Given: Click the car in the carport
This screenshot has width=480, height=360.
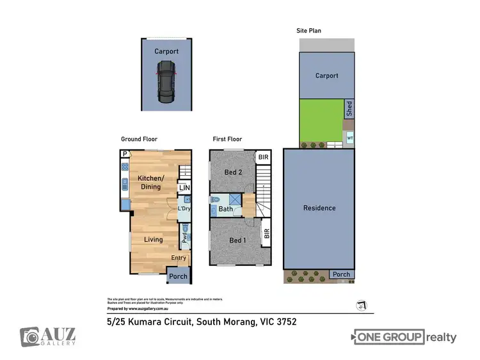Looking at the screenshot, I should [166, 81].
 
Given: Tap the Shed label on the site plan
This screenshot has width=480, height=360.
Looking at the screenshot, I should [349, 109].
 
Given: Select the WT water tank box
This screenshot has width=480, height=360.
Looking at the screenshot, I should [349, 137].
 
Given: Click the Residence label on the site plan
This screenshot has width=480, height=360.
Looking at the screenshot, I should [319, 208].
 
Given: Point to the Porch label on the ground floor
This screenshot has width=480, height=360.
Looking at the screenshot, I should [178, 277].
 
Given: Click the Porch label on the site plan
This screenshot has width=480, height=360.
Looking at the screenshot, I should [341, 274].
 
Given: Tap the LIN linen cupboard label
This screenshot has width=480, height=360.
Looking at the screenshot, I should [184, 188].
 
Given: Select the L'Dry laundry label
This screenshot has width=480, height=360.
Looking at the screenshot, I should [184, 208].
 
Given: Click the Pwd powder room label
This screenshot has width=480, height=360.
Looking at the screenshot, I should [184, 239].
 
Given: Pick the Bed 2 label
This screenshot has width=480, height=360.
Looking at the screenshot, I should [233, 172].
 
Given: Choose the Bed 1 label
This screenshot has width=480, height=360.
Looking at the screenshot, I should [237, 240].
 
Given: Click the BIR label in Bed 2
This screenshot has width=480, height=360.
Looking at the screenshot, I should [262, 157].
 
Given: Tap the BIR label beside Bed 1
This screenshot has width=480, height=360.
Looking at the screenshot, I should [266, 234].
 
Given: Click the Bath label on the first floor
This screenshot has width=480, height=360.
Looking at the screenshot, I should [225, 208].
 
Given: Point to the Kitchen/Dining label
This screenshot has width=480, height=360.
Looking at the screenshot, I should [150, 182].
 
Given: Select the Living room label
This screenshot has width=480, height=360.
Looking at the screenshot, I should [153, 240].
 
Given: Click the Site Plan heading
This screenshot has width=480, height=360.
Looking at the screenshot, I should [308, 30].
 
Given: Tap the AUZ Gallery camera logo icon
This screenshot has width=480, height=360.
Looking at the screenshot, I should [30, 336].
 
